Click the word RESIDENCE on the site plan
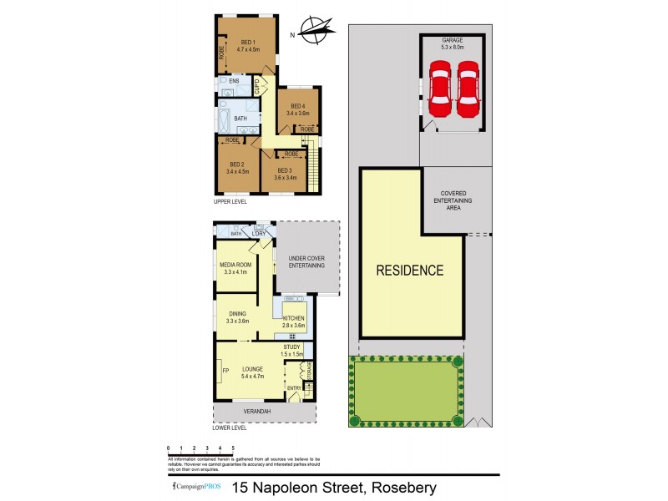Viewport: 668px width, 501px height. (x=409, y=271)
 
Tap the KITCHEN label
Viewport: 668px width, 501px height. (x=293, y=318)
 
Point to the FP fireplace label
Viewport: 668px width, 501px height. (x=225, y=370)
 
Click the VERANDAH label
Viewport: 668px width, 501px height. (x=265, y=411)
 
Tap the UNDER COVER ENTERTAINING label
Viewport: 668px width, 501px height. (x=307, y=261)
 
